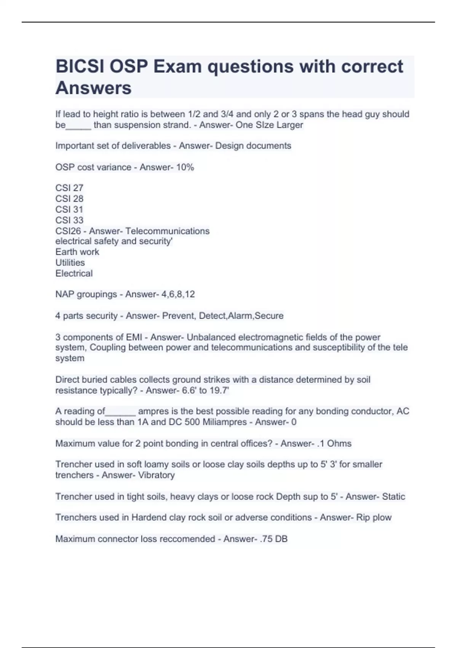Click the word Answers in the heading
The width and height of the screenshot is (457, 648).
point(93,88)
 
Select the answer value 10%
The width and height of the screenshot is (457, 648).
point(185,167)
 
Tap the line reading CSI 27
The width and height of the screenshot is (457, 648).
point(69,188)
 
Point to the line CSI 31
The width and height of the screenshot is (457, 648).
point(69,209)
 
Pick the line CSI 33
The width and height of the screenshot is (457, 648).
point(69,220)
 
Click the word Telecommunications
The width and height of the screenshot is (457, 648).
point(167,231)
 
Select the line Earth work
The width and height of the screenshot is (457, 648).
point(77,252)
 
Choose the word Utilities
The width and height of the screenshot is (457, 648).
point(70,263)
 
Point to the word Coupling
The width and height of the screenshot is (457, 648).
point(108,348)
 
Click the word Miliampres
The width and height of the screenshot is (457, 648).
point(225,422)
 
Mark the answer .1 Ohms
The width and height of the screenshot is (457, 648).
point(334,444)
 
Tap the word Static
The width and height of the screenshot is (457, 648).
point(393,497)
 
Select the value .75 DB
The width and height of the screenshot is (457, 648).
point(273,539)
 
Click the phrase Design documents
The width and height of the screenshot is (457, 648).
point(253,146)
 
